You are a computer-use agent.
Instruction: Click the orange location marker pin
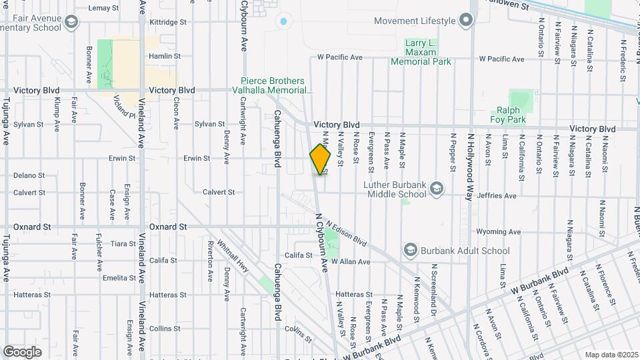click(321, 159)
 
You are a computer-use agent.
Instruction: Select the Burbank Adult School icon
click(411, 251)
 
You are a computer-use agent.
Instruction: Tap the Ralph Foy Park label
click(511, 115)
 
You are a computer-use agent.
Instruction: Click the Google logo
click(22, 351)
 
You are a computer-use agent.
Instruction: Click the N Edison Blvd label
click(347, 232)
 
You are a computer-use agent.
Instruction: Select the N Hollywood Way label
click(469, 158)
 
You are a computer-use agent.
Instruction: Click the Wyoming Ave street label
click(497, 232)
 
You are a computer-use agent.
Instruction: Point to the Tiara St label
click(123, 244)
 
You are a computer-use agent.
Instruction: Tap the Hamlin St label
click(165, 57)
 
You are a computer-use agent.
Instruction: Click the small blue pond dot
click(284, 21)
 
